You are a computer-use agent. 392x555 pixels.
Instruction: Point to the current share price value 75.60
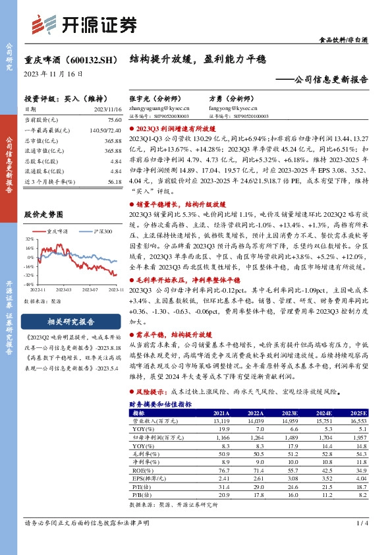point(114,120)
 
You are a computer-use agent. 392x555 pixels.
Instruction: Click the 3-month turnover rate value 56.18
point(114,181)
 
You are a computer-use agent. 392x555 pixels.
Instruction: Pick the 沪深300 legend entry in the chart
point(99,231)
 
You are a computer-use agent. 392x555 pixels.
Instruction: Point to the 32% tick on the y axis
point(30,239)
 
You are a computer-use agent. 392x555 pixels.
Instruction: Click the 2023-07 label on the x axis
point(92,289)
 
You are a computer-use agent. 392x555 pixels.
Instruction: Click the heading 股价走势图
point(43,215)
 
